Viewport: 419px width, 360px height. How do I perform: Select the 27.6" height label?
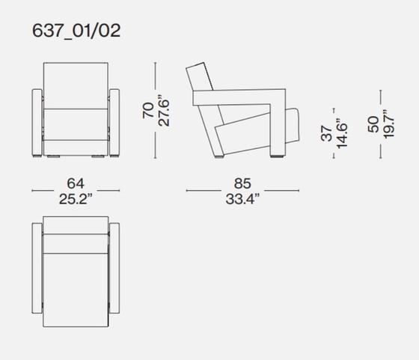165,110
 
